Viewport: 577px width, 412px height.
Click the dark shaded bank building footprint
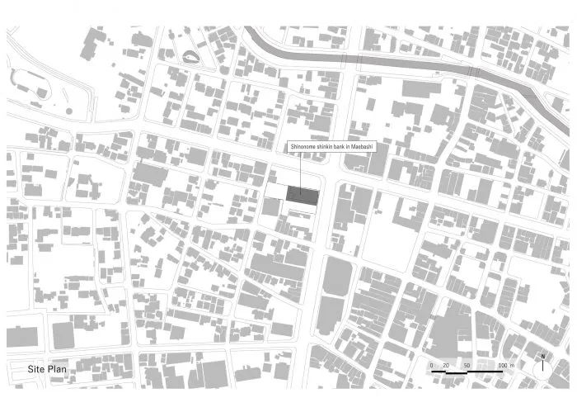pyautogui.click(x=303, y=195)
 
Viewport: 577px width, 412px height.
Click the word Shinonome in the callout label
pyautogui.click(x=303, y=146)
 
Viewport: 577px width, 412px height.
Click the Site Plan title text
pyautogui.click(x=47, y=369)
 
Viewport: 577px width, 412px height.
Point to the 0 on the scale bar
pyautogui.click(x=431, y=365)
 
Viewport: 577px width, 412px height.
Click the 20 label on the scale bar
pyautogui.click(x=446, y=365)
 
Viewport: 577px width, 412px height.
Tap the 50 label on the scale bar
pyautogui.click(x=467, y=365)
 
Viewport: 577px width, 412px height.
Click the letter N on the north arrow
pyautogui.click(x=543, y=357)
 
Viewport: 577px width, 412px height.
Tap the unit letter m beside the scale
pyautogui.click(x=512, y=365)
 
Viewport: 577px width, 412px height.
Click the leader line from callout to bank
pyautogui.click(x=300, y=169)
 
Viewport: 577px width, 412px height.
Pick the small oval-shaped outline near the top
pyautogui.click(x=190, y=57)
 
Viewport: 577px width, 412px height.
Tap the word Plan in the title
pyautogui.click(x=58, y=369)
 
